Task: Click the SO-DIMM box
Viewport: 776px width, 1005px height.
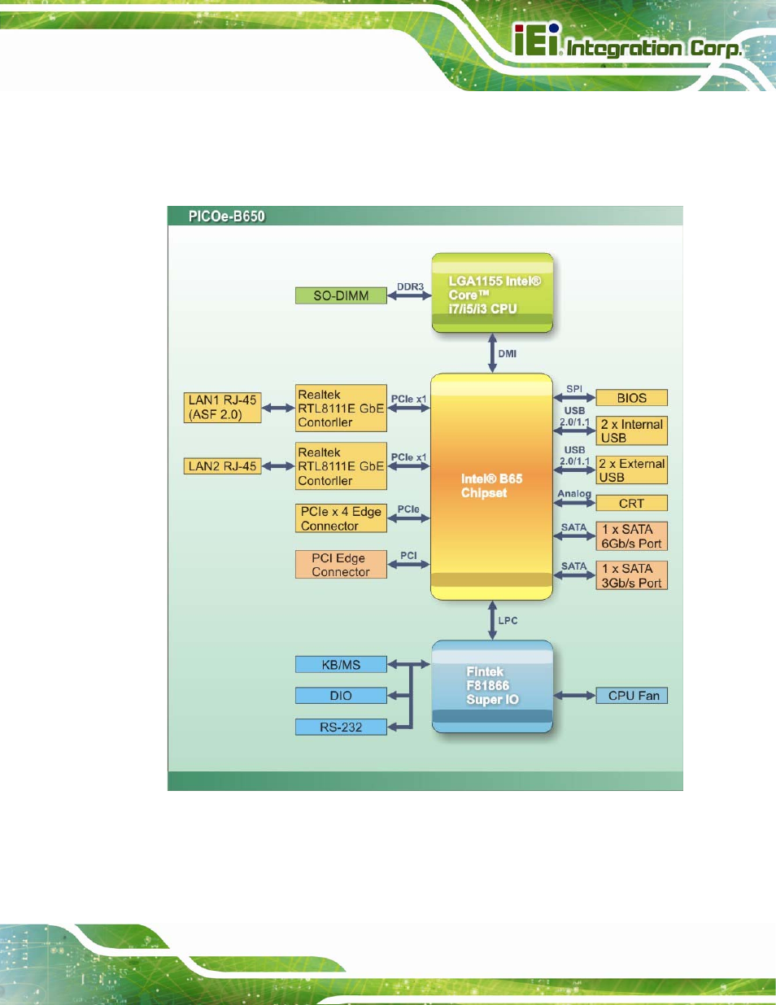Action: point(341,295)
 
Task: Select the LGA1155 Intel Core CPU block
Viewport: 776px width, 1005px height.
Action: point(492,293)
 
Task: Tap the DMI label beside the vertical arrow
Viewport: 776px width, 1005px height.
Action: point(507,354)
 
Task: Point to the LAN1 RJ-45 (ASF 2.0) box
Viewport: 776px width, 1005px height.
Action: point(222,408)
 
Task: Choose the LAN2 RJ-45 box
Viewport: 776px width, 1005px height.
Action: point(222,466)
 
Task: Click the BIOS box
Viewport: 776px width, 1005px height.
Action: point(632,398)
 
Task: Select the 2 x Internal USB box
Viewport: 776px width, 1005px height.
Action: point(632,431)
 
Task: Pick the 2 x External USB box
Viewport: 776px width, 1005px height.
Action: point(632,470)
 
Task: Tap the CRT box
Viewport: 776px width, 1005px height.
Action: point(632,503)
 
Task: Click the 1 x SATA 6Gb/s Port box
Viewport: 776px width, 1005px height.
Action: point(632,536)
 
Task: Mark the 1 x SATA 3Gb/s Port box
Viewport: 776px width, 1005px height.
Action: point(632,575)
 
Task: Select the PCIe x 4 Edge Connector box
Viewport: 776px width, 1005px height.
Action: point(341,518)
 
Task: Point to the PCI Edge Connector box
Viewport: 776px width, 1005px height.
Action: point(341,564)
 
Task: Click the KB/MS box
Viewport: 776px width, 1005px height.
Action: point(341,665)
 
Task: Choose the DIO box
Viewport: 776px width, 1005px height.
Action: point(341,696)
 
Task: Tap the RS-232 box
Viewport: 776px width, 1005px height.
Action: point(341,727)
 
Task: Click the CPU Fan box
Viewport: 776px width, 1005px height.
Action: point(632,696)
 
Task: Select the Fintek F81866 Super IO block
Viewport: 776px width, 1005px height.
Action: point(492,687)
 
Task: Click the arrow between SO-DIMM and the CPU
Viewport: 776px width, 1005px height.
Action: point(409,295)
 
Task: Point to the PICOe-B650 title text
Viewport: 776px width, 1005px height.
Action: point(226,216)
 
